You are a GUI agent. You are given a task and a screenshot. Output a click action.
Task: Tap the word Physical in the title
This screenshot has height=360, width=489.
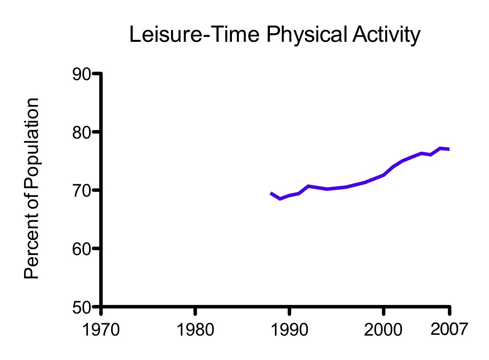click(306, 35)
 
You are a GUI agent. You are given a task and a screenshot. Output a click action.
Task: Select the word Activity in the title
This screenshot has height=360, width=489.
click(386, 35)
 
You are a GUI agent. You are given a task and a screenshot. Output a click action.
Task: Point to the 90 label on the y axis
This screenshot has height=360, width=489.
click(81, 74)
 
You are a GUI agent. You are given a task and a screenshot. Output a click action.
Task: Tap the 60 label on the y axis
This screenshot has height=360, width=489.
click(81, 249)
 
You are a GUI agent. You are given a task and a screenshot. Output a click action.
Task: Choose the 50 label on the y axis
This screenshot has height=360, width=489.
click(81, 308)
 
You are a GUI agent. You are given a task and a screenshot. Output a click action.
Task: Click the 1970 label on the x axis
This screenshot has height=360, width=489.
click(101, 330)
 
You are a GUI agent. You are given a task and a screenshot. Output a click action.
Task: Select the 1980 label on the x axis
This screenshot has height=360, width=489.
click(195, 330)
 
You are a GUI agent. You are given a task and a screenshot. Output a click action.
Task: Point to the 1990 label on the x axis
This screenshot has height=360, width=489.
click(289, 330)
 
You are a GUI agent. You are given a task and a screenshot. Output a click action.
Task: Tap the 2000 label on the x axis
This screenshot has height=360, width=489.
click(383, 330)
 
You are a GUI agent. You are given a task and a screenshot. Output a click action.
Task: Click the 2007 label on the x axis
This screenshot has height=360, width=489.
click(449, 329)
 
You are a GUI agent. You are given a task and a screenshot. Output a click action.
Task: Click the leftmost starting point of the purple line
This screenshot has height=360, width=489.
click(271, 193)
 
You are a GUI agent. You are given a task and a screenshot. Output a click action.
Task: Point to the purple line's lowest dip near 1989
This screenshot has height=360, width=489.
click(280, 199)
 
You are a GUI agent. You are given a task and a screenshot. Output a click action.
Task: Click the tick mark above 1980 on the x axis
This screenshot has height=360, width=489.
click(195, 311)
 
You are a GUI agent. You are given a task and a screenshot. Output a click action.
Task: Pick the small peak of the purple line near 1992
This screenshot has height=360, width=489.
click(308, 186)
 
